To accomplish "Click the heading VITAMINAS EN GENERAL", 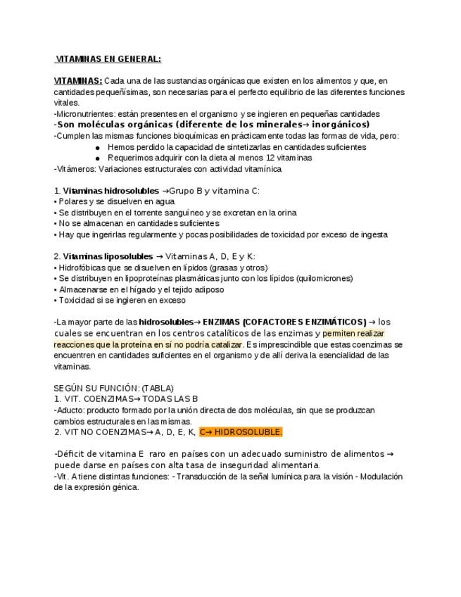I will (108, 59).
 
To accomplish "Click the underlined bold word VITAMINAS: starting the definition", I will (77, 81).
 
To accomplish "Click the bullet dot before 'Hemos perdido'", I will (97, 147).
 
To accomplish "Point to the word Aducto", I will (70, 410).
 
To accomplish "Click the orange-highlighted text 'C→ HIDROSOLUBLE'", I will (240, 432).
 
